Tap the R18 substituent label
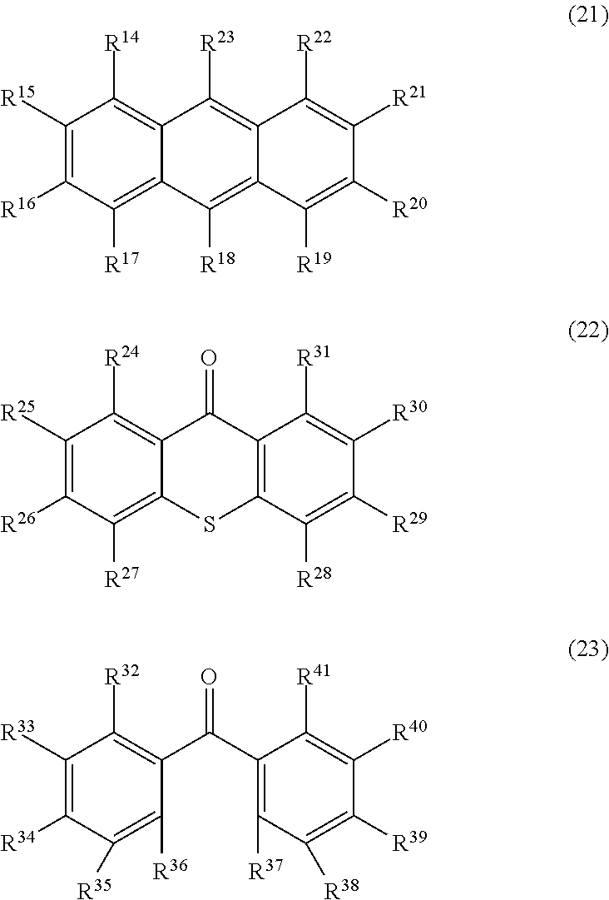point(217,265)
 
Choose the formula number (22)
point(587,332)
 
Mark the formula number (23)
point(587,650)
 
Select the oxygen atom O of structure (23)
point(210,677)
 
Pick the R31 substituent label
point(314,360)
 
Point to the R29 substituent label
point(408,524)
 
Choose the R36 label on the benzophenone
point(171,870)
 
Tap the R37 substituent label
point(265,870)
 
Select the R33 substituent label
point(17,733)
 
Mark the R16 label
point(17,208)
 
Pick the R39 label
point(408,843)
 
